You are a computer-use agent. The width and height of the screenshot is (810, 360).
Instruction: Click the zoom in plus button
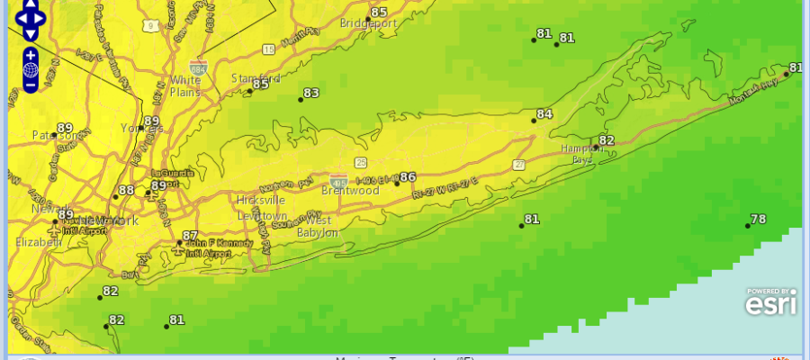point(31,54)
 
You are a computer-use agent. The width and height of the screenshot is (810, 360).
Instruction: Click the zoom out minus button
point(31,85)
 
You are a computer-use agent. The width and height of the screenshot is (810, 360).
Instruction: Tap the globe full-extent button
point(31,69)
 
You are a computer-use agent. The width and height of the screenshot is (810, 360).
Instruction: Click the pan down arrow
point(31,34)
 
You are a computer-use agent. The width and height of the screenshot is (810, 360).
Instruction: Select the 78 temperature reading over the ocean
point(758,220)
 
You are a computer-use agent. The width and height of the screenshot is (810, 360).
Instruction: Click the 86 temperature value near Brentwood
point(408,177)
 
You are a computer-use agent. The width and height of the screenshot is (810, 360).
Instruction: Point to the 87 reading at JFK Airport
point(190,236)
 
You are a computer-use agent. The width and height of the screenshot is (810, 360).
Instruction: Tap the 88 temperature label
point(126,190)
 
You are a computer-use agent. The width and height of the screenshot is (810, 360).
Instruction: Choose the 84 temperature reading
point(544,114)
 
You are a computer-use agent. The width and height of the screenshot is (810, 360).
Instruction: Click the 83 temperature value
point(311,93)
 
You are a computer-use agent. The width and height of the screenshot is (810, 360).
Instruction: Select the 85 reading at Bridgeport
point(379,13)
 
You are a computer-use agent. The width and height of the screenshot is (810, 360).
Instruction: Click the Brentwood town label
point(350,191)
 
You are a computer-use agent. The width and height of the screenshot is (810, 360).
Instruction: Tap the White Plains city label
point(185,85)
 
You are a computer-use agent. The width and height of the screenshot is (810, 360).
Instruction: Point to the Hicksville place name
point(261,200)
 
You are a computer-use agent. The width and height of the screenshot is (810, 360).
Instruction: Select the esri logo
point(770,304)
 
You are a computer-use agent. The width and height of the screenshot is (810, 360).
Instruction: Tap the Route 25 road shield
point(361,162)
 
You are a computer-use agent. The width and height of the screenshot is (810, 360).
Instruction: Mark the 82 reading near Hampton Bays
point(606,140)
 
